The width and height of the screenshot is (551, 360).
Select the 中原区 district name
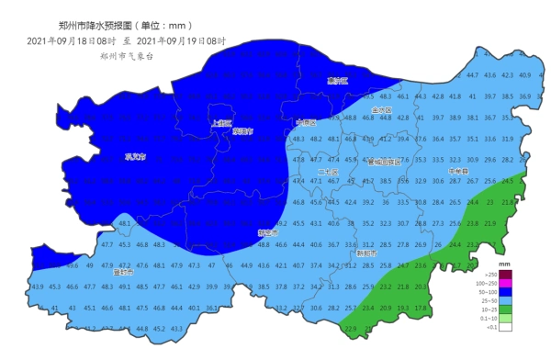coord(306,122)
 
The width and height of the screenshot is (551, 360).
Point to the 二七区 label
coord(328,172)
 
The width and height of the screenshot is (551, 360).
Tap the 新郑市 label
coord(366,253)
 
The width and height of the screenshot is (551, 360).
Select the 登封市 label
coord(123,273)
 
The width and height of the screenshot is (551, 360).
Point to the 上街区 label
coord(220,122)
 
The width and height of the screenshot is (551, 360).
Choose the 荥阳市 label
coord(242,131)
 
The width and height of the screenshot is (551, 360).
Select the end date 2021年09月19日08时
coord(181,40)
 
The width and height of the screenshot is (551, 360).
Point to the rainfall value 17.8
coord(421,308)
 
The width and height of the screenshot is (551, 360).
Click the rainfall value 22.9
coord(351,328)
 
